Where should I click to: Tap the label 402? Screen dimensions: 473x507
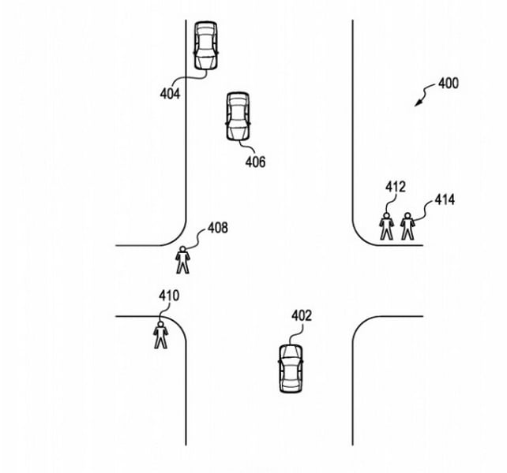click(302, 316)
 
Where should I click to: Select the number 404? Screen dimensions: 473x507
click(169, 94)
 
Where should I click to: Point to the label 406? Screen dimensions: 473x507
click(255, 162)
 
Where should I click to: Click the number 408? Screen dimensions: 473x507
click(218, 229)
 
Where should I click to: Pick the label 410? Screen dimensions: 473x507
click(169, 296)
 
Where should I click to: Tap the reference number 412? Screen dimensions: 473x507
click(396, 187)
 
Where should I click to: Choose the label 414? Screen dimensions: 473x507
click(445, 200)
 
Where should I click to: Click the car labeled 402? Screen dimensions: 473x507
click(290, 368)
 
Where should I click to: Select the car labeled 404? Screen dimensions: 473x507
click(206, 46)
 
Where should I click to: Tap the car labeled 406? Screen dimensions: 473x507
click(238, 117)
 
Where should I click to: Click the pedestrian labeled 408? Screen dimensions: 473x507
click(183, 259)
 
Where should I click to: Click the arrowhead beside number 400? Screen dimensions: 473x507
click(419, 103)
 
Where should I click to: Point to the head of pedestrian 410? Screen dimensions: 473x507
click(160, 322)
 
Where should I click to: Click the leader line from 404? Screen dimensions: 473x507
click(190, 80)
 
